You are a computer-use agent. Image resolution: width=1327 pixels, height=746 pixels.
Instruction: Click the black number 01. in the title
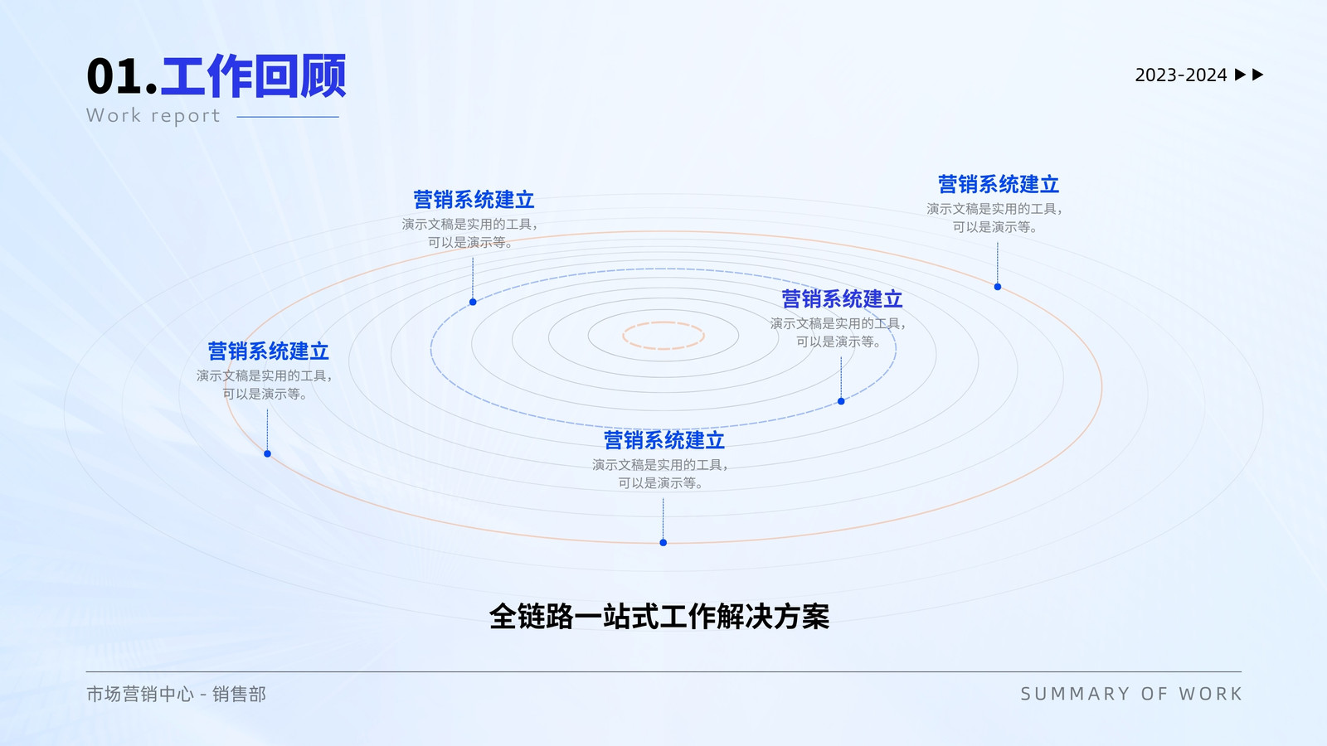tap(122, 77)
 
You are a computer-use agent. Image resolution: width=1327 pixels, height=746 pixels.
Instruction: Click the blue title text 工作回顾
tap(253, 75)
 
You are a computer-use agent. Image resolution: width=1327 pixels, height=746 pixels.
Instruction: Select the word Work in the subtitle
tap(114, 115)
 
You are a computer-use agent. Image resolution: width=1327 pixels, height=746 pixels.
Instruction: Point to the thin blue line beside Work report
tap(288, 117)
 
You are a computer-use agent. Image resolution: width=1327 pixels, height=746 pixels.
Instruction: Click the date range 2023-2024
tap(1181, 75)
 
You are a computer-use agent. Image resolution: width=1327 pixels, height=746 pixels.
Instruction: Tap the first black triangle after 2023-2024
tap(1240, 75)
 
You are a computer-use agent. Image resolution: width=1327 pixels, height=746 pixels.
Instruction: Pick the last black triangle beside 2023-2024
tap(1257, 75)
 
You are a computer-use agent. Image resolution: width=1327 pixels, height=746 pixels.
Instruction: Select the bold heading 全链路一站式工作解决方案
tap(659, 617)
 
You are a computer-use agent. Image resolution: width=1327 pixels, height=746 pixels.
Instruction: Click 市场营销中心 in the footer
tap(140, 694)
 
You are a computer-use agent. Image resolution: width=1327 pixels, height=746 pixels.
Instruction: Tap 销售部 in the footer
tap(240, 694)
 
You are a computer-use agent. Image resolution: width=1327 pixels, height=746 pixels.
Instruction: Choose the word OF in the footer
tap(1154, 694)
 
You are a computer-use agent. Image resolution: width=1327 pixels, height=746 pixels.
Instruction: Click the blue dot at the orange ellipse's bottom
tap(663, 542)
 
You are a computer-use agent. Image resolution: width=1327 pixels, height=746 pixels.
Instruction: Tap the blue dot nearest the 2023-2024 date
tap(998, 287)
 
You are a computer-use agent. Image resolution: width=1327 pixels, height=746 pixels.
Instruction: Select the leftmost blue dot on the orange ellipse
tap(267, 453)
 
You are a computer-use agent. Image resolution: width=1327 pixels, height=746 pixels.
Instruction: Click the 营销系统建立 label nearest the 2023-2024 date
tap(999, 185)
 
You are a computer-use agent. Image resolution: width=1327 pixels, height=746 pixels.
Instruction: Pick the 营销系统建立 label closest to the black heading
tap(664, 440)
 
